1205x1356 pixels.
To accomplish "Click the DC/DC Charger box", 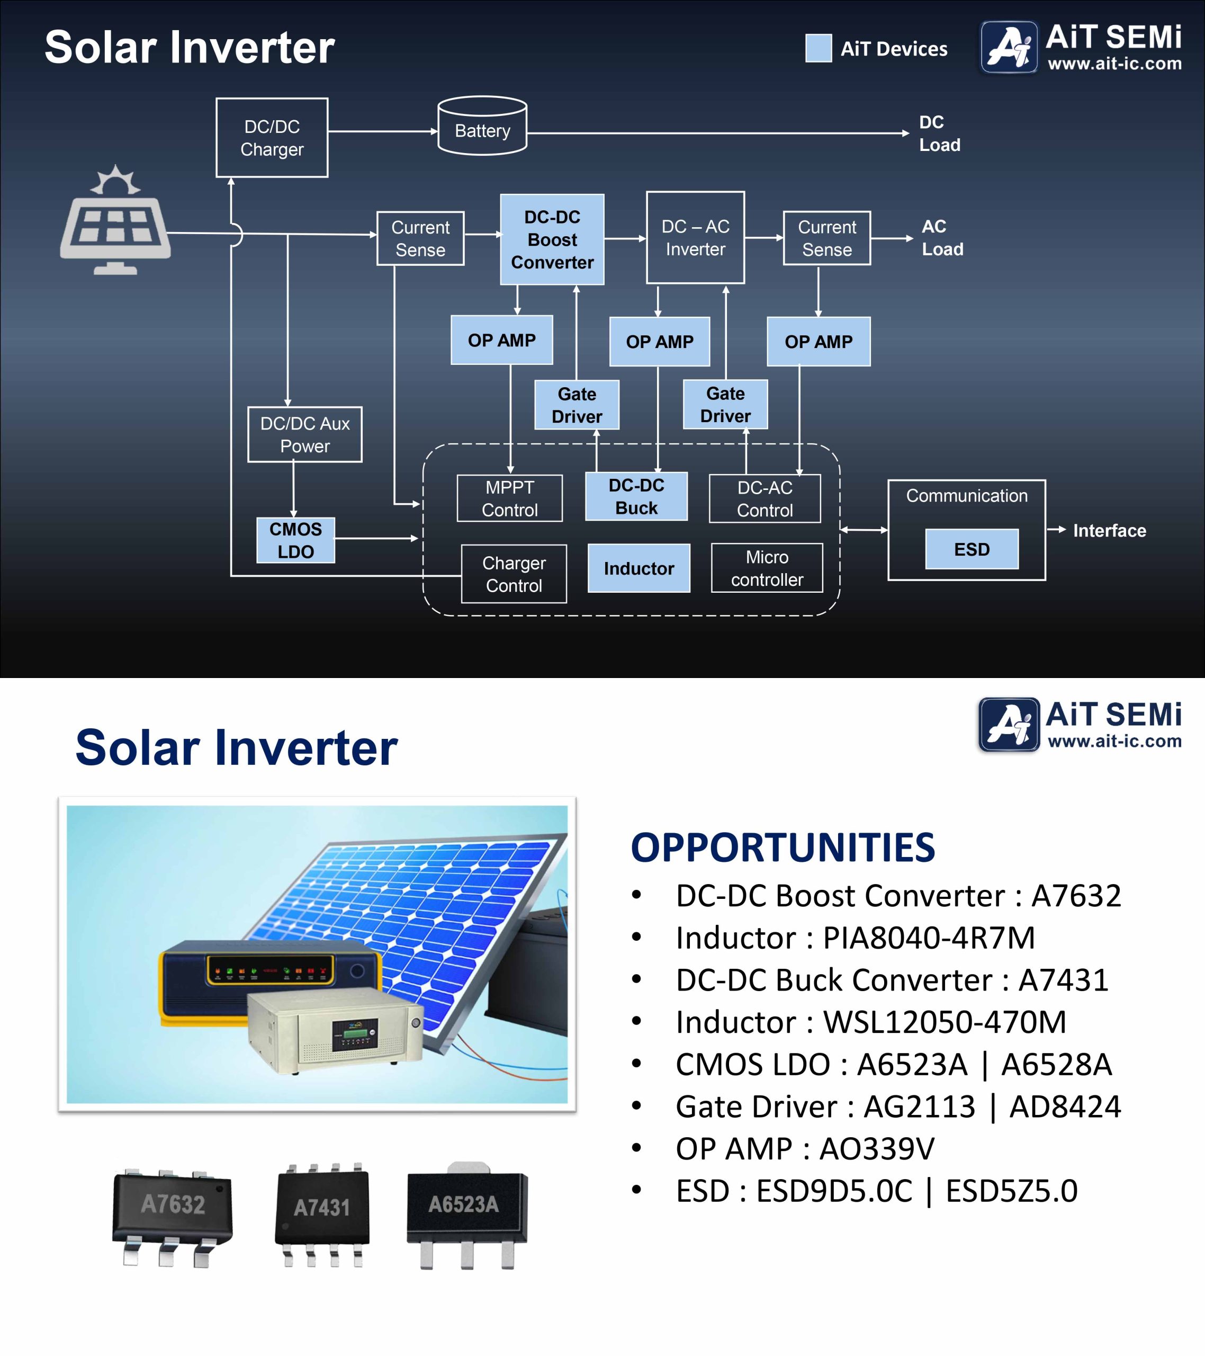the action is tap(272, 137).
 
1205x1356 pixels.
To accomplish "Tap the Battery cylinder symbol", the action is tap(483, 126).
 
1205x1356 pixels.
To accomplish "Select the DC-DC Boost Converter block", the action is tap(552, 239).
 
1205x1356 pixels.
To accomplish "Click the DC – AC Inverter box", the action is tap(695, 237).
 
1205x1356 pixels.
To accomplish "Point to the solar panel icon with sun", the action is tap(115, 220).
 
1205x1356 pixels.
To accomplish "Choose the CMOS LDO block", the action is tap(296, 540).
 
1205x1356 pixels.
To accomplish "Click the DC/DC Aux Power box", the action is tap(305, 434).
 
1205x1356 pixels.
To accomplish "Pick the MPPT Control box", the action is tap(510, 498).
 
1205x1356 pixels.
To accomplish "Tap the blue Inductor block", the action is tap(639, 568).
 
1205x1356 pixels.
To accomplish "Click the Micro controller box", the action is tap(767, 568).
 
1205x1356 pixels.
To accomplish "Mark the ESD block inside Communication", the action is tap(972, 549).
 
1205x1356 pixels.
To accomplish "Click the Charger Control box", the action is tap(514, 574).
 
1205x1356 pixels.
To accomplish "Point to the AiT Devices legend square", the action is tap(819, 48).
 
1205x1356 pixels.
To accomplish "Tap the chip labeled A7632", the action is tap(173, 1218).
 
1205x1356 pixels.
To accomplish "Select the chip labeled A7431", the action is tap(322, 1214).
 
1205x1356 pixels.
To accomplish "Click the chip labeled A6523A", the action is tap(467, 1215).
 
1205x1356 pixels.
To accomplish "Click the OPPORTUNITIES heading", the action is tap(783, 847).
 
